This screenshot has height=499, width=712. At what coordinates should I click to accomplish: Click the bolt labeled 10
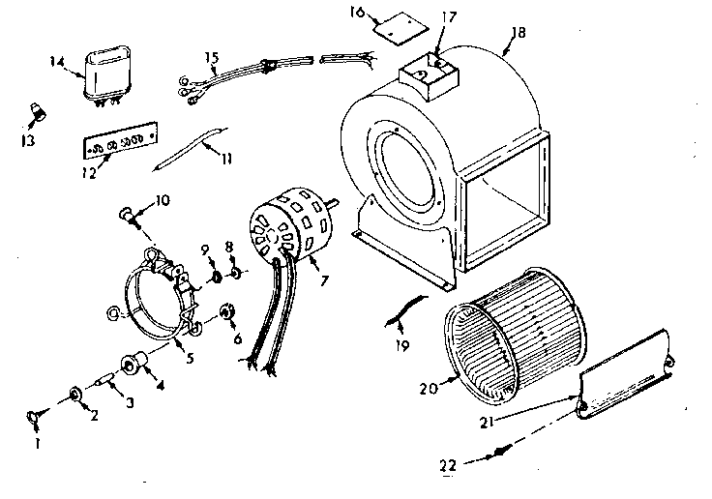point(129,212)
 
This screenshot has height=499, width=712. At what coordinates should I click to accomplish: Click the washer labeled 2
point(74,395)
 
